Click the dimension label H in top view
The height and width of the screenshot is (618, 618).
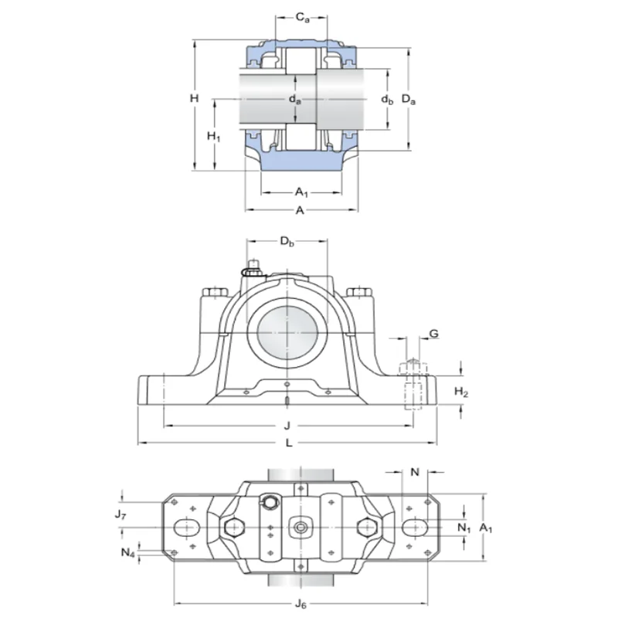tap(195, 99)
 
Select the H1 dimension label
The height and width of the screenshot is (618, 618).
tap(215, 137)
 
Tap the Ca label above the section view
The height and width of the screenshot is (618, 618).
tap(304, 16)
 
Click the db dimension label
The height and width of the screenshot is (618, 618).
tap(388, 100)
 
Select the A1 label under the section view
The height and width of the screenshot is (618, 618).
tap(302, 193)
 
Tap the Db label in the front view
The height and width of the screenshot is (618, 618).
tap(287, 244)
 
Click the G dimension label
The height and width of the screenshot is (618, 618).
tap(433, 334)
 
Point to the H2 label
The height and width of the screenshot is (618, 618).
tap(461, 393)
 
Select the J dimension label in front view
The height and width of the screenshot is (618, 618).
tap(287, 425)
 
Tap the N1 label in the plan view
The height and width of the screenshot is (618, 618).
tap(464, 528)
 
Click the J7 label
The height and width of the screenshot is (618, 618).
tap(120, 514)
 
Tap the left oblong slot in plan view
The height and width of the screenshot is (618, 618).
tap(185, 527)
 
